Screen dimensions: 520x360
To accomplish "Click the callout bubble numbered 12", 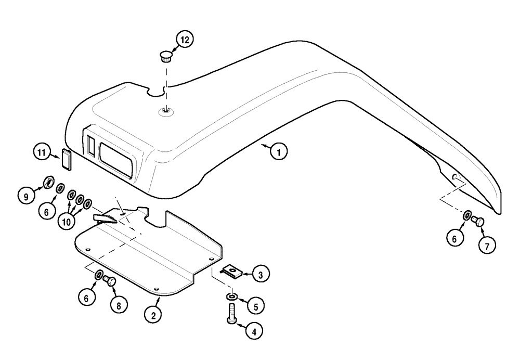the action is [x=185, y=40].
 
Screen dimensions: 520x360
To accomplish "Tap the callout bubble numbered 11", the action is [x=41, y=153].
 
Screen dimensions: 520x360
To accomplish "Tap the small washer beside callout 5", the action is [x=230, y=297].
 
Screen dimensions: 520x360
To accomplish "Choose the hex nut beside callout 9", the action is [x=46, y=182].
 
